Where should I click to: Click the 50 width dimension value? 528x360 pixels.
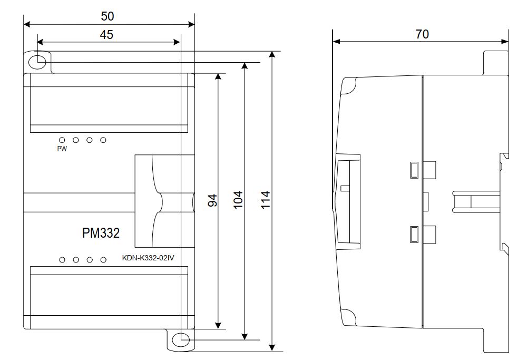coord(107,16)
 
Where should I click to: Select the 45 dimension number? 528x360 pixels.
coord(106,35)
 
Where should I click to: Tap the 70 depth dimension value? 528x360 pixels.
coord(422,34)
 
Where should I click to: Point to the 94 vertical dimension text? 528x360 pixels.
coord(212,200)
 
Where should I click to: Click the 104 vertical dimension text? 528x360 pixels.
coord(238,200)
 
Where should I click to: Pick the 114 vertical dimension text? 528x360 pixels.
coord(266,200)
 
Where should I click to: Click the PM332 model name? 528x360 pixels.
coord(101,233)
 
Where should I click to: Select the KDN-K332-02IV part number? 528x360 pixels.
coord(148,258)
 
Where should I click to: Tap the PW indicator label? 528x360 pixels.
coord(62,149)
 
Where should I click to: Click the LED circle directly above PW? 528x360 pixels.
coord(62,140)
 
